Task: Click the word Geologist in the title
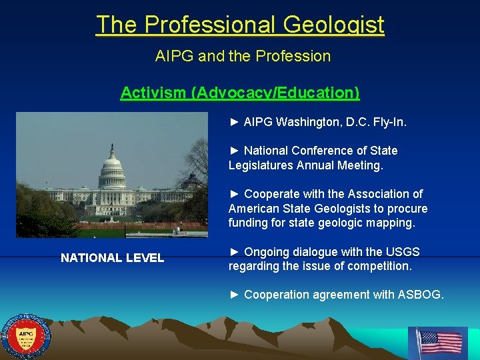[x=333, y=25]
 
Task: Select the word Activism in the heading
[x=153, y=93]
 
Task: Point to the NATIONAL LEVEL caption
[x=112, y=258]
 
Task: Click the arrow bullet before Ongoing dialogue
[x=233, y=252]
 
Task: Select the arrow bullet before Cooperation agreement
[x=233, y=295]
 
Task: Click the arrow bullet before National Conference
[x=233, y=151]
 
